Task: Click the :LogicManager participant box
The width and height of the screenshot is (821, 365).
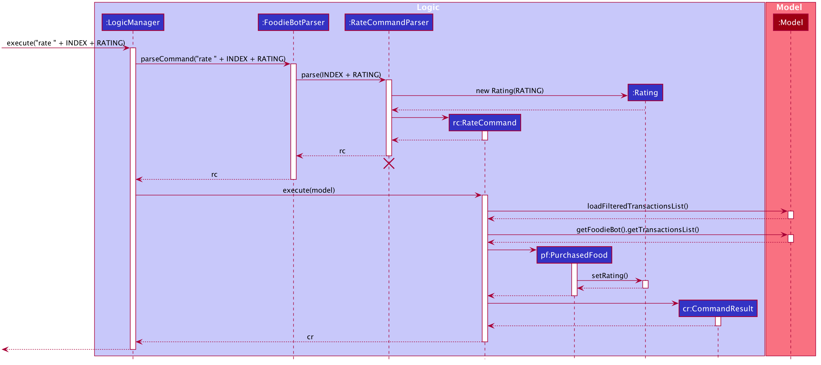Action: tap(133, 22)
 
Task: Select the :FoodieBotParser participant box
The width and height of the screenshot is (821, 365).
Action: tap(293, 22)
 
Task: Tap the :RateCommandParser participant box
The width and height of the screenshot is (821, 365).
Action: tap(389, 22)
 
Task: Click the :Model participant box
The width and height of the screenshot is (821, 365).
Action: tap(790, 22)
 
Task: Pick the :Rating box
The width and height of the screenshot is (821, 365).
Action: tap(645, 92)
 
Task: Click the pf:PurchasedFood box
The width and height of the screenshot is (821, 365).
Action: tap(574, 255)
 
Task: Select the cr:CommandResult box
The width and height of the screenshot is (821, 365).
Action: tap(718, 308)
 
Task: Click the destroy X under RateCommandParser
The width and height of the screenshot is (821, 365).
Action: tap(389, 164)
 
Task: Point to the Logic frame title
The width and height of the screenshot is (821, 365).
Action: tap(428, 7)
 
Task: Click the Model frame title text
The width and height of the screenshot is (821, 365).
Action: tap(789, 7)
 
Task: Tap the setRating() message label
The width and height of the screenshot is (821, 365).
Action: tap(610, 276)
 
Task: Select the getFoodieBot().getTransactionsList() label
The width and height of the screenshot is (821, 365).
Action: tap(638, 229)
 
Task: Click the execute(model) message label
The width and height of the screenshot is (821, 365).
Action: tap(309, 190)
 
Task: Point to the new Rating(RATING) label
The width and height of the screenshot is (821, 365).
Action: tap(510, 91)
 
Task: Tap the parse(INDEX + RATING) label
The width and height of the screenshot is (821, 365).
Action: tap(341, 75)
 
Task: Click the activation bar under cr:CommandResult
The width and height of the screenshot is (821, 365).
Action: tap(718, 321)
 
